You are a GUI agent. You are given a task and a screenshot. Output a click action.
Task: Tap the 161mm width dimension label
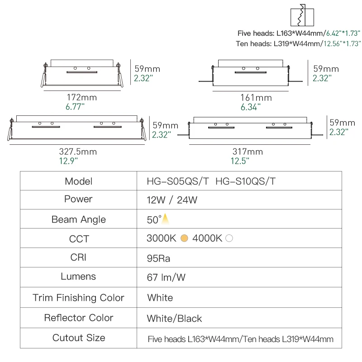point(256,98)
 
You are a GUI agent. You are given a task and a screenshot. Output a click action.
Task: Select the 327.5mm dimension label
point(78,152)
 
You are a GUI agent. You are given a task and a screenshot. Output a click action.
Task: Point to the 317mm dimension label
point(247,152)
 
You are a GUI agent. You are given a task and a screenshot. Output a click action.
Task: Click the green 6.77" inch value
point(75,107)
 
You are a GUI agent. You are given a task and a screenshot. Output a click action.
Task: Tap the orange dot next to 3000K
point(184,238)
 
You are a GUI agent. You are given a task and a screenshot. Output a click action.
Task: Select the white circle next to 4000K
point(229,238)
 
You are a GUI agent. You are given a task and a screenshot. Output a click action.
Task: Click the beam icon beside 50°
point(166,219)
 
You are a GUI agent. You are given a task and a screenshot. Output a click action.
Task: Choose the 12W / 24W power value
point(172,200)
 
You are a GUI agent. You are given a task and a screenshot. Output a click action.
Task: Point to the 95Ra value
point(158,258)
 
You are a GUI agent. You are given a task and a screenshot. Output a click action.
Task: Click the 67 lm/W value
point(166,277)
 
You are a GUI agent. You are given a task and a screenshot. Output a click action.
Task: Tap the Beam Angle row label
point(78,219)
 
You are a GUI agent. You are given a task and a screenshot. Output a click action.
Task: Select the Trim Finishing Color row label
point(78,298)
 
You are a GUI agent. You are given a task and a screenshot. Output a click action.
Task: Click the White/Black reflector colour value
point(174,319)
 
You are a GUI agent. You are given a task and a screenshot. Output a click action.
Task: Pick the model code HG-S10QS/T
point(246,181)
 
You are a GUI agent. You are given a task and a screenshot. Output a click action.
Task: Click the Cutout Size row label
point(79,338)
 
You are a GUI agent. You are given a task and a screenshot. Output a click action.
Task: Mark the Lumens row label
point(78,276)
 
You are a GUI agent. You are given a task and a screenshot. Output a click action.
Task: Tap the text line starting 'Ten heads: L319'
point(298,44)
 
